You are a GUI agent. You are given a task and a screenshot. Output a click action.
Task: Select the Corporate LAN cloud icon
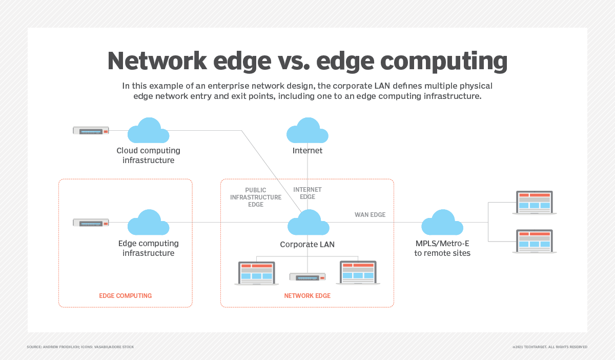(x=308, y=223)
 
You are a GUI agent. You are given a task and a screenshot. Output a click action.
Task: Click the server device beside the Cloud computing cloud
(x=91, y=131)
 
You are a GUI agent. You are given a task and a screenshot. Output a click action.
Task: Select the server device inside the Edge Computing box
(x=91, y=223)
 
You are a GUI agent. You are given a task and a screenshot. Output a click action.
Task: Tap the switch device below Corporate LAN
(x=307, y=277)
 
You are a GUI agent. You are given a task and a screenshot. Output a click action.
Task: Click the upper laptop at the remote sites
(x=535, y=202)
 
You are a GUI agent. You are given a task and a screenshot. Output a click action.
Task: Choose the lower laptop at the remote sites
(x=535, y=241)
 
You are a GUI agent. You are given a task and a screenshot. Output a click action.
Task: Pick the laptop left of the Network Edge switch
(x=256, y=273)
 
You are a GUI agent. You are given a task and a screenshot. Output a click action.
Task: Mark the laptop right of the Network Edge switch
(x=358, y=273)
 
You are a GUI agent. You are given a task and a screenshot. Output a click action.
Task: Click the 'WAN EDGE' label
(x=370, y=215)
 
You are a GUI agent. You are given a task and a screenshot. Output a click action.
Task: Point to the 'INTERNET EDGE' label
(x=307, y=193)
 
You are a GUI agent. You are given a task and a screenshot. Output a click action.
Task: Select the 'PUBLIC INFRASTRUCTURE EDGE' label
(x=256, y=197)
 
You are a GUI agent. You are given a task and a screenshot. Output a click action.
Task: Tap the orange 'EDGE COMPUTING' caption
(x=125, y=296)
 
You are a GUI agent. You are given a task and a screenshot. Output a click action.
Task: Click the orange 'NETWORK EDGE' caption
(x=307, y=296)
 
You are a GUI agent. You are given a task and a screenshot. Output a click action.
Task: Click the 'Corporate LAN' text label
(x=307, y=245)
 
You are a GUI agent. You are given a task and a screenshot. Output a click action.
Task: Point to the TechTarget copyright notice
(x=549, y=347)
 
